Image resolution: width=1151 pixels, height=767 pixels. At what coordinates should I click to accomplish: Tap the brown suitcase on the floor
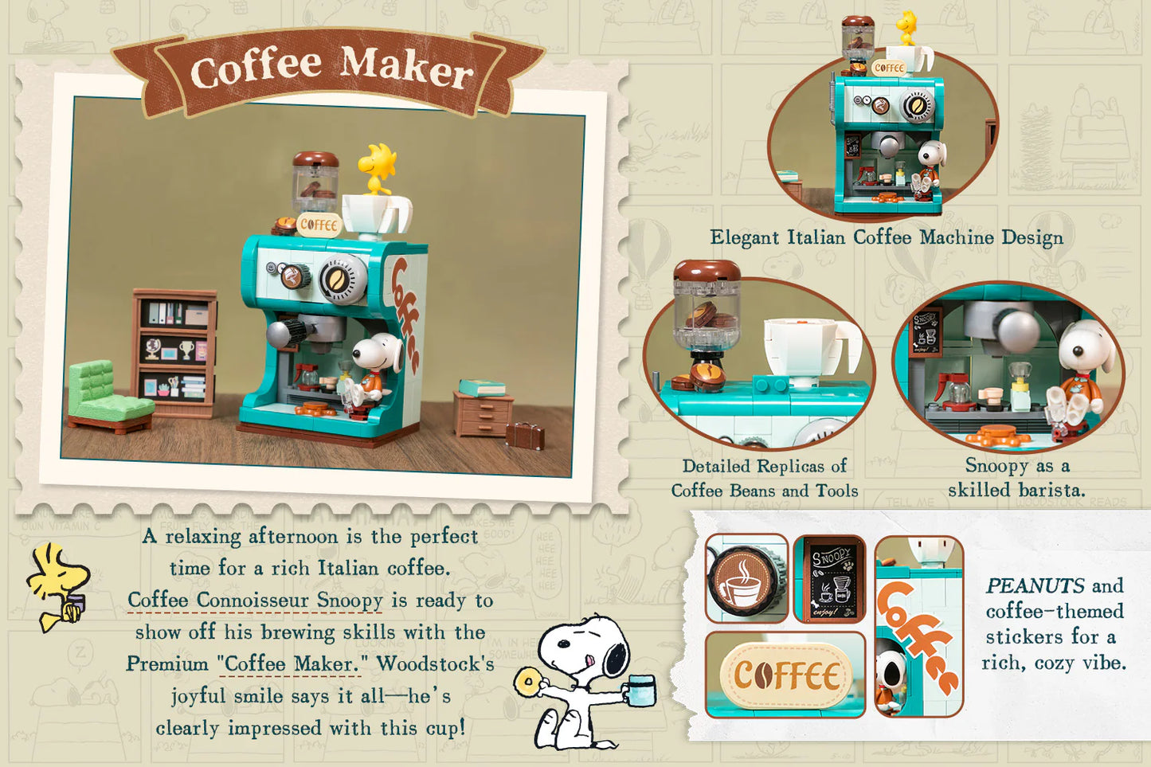click(x=525, y=435)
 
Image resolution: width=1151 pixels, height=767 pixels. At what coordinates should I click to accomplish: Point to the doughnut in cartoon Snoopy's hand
click(x=527, y=683)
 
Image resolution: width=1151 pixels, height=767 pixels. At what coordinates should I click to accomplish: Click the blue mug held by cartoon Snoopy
click(x=640, y=690)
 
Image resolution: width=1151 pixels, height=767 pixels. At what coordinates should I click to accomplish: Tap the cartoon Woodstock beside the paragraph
click(x=59, y=585)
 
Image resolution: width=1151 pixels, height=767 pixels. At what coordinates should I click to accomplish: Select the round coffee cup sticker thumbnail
click(x=746, y=579)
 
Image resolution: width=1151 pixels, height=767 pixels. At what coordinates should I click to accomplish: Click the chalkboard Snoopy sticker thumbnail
click(x=829, y=579)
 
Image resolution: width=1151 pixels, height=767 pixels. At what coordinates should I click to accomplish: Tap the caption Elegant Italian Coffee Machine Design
click(x=886, y=237)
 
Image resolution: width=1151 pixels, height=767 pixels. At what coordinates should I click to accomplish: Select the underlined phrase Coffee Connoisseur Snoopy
click(x=255, y=600)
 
